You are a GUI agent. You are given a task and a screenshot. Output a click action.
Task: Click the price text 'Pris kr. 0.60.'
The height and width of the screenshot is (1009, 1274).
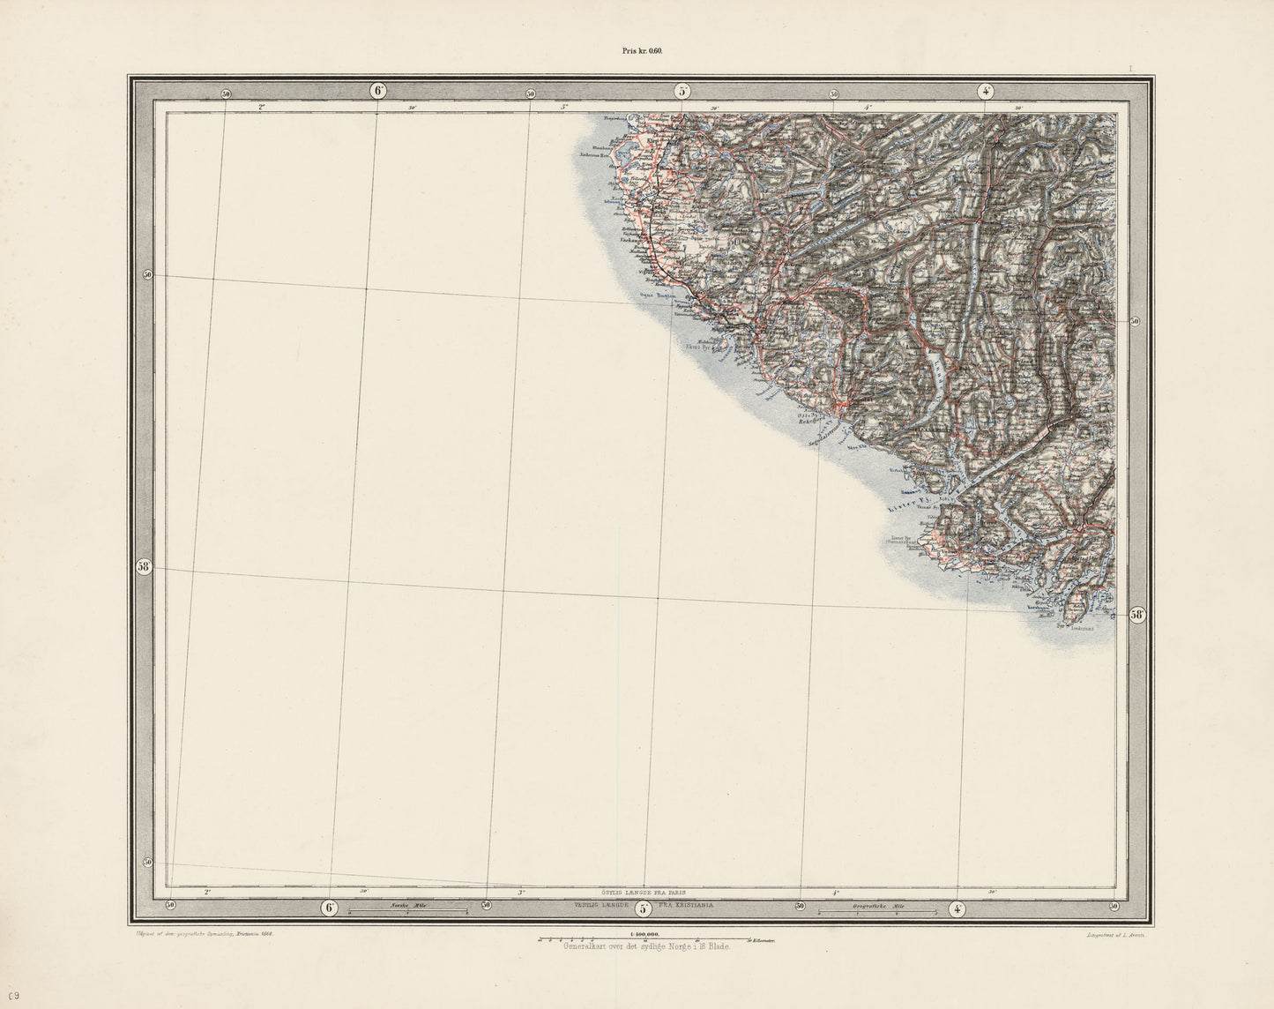(x=636, y=51)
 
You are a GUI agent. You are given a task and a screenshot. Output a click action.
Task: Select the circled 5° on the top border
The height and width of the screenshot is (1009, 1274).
(x=682, y=91)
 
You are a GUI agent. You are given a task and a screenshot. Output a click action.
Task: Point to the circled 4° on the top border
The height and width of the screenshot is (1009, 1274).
(x=986, y=91)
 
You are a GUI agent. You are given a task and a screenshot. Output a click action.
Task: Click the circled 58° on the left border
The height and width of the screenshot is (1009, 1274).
(x=145, y=567)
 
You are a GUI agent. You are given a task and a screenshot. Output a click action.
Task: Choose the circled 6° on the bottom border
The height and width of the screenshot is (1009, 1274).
(x=330, y=908)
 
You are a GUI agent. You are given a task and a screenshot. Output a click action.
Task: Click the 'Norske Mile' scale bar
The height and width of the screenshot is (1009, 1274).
(x=407, y=908)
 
